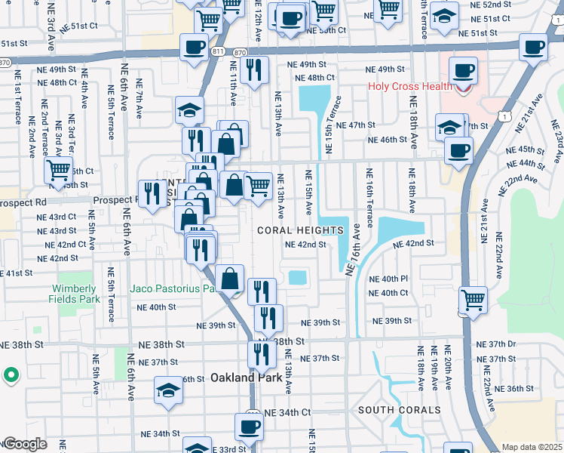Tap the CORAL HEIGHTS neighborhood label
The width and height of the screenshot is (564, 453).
point(300,230)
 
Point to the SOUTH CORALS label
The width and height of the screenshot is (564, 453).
point(399,410)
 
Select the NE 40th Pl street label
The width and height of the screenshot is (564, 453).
point(388,279)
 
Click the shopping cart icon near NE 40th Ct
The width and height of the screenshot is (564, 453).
point(473,299)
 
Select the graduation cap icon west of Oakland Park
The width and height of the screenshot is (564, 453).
point(169,390)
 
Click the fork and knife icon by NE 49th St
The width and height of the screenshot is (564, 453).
point(255,71)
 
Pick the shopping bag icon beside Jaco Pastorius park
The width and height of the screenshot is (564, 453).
point(230,279)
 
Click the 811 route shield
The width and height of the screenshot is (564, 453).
point(218,51)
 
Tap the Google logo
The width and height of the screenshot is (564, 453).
point(25,444)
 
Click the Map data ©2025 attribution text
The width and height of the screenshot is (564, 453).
point(531,447)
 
